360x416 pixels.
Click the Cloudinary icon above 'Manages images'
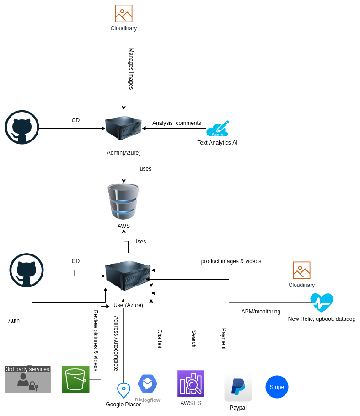point(124,14)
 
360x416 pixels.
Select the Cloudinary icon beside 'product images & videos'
point(301,270)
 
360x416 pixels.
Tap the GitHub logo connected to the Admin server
point(22,127)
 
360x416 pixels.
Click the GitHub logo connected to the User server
point(27,270)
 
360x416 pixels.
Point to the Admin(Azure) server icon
point(123,128)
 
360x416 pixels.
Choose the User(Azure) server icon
point(128,276)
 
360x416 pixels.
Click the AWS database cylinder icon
point(124,201)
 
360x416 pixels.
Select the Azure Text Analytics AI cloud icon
point(217,129)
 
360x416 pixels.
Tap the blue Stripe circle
point(277,387)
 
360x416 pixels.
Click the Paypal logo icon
point(238,387)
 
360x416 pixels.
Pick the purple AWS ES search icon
point(191,384)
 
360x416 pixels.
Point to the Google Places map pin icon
point(124,390)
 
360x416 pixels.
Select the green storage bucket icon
point(75,379)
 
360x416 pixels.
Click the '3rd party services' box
point(27,379)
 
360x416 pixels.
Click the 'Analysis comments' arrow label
point(177,123)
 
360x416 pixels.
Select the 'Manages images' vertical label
point(131,69)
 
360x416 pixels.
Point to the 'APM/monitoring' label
point(261,312)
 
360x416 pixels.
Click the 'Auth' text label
point(14,321)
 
